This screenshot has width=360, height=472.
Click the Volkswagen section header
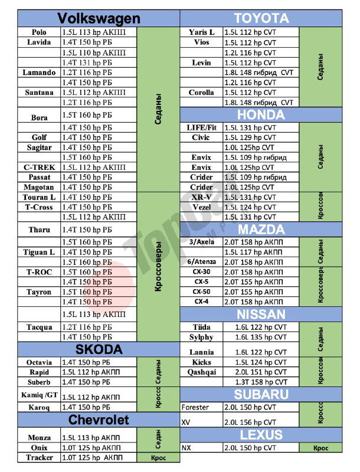tap(99, 18)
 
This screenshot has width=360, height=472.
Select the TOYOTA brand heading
tap(261, 18)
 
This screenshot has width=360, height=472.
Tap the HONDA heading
tap(261, 114)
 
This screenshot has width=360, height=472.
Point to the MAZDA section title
tap(261, 229)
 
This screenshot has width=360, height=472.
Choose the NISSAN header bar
tap(261, 314)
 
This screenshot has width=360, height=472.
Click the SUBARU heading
tap(261, 394)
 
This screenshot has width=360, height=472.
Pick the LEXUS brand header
tap(261, 435)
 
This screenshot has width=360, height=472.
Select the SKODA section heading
tap(99, 349)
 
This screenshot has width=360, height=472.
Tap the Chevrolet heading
tap(99, 419)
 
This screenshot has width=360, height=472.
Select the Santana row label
tap(39, 93)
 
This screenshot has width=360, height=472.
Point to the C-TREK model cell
tap(39, 168)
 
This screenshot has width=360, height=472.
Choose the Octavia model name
tap(39, 362)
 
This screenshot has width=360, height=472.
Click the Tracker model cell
tap(39, 458)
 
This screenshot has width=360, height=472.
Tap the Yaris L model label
tap(202, 32)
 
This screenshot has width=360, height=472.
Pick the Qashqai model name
tap(202, 372)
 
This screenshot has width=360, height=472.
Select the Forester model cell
tap(195, 408)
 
